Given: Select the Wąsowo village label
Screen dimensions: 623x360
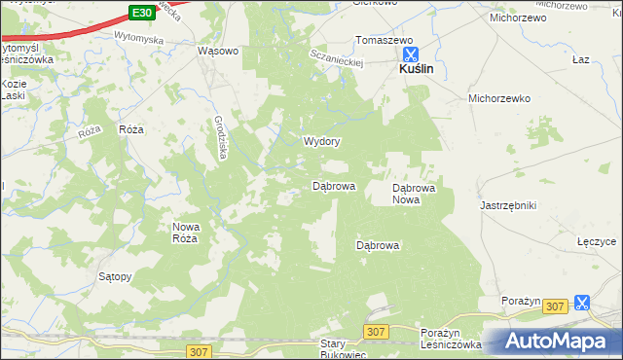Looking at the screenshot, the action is [x=218, y=52].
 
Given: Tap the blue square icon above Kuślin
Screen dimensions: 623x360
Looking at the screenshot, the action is [x=411, y=54].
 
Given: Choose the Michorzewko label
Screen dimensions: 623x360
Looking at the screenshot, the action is [x=498, y=98].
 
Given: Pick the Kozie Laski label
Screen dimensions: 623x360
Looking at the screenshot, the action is [x=14, y=90].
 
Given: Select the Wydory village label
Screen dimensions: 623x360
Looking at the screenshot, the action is [x=321, y=141].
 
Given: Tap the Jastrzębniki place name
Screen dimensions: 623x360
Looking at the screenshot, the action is [x=509, y=205].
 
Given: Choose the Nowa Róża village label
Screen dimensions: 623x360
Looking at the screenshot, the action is [x=185, y=232].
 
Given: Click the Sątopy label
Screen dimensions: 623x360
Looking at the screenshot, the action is [x=115, y=276].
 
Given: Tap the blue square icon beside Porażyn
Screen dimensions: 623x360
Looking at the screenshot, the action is [x=582, y=303].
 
